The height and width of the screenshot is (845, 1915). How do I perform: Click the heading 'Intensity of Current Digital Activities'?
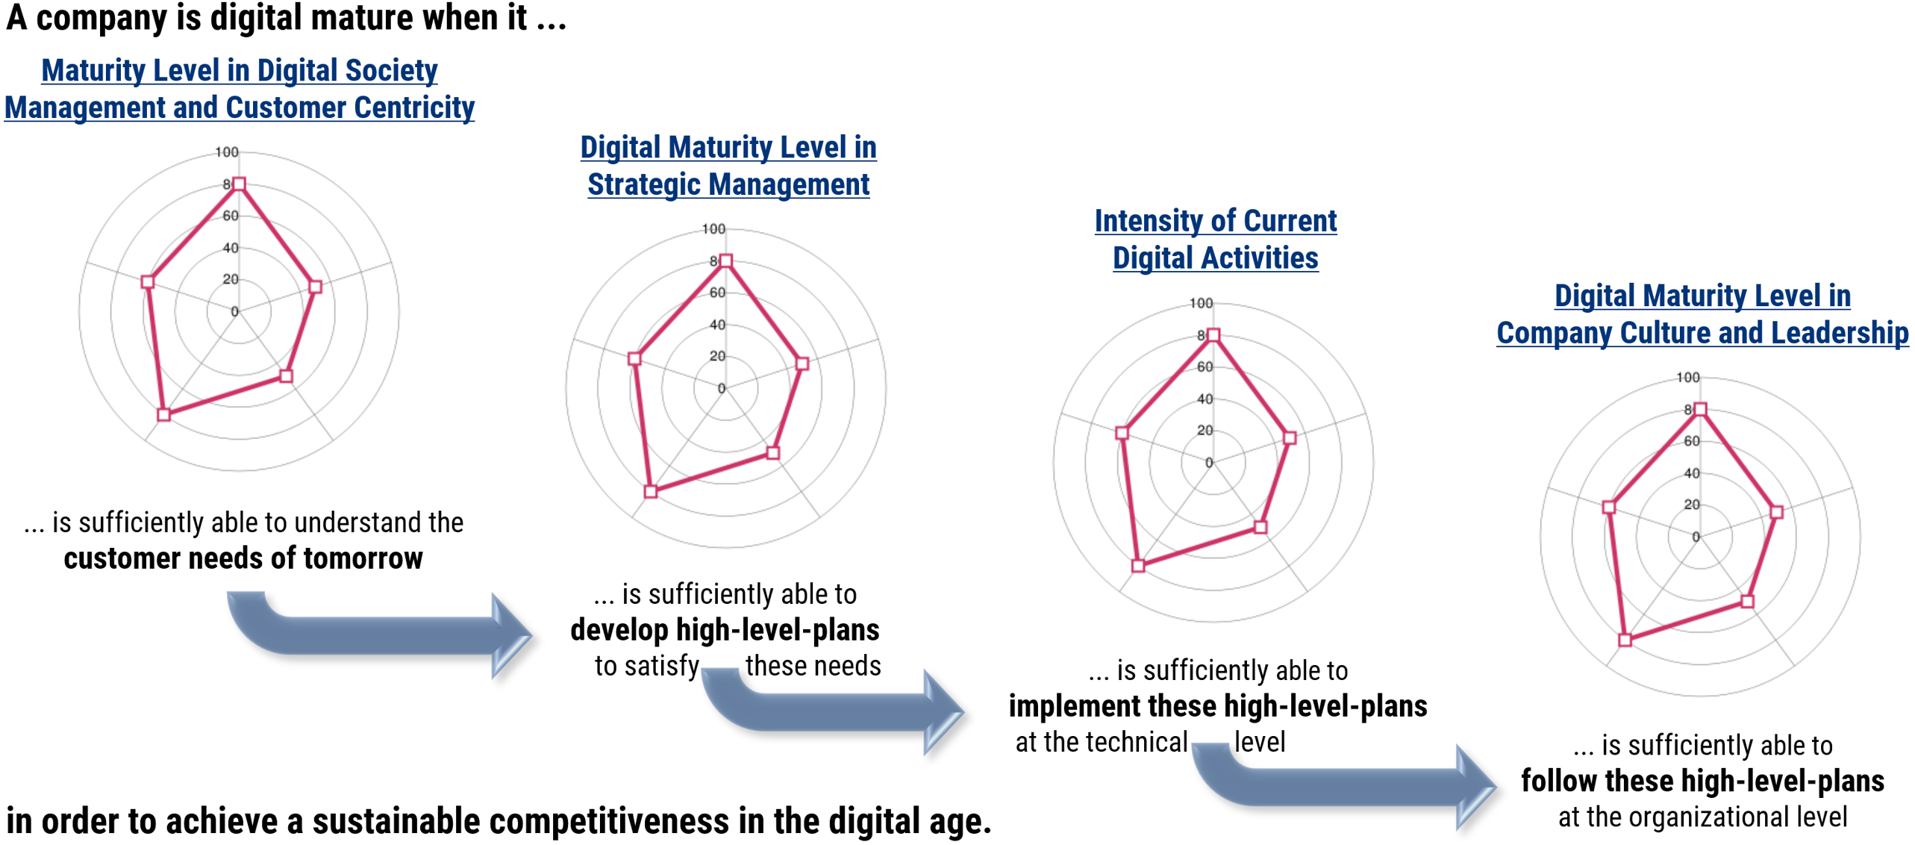point(1215,239)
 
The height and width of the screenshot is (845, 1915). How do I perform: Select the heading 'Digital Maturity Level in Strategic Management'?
point(728,166)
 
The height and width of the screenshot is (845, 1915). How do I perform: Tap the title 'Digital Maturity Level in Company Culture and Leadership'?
point(1702,314)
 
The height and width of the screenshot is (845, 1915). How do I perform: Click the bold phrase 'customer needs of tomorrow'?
point(243,558)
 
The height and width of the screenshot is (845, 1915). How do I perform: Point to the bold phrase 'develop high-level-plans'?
point(725,630)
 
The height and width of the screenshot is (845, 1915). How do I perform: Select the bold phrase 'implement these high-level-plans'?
point(1218,706)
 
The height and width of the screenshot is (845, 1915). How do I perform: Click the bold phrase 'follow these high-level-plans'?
point(1702,781)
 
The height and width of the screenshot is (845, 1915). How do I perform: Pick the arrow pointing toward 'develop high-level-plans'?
point(373,634)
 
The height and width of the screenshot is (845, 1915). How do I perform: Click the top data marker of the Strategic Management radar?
point(725,261)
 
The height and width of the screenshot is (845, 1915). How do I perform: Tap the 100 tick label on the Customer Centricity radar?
point(227,152)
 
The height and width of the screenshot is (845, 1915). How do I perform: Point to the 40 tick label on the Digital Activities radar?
point(1205,399)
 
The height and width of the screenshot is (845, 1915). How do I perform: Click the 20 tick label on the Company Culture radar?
point(1691,505)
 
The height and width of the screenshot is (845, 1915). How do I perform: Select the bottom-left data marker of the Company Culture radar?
point(1625,640)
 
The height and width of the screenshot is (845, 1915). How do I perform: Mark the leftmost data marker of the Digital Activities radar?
point(1121,433)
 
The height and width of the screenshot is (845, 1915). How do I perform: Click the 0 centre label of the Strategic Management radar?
point(721,388)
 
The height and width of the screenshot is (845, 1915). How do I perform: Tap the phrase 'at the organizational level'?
point(1702,817)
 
